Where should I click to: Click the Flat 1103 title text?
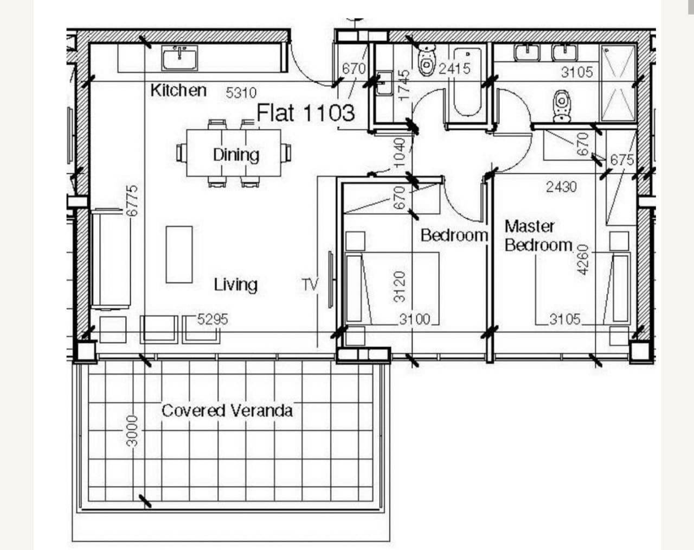(x=306, y=113)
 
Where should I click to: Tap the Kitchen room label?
(x=178, y=90)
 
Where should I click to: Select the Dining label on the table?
(x=236, y=155)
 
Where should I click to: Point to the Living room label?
(x=236, y=285)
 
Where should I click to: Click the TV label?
(x=310, y=285)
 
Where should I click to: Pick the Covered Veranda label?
(x=227, y=410)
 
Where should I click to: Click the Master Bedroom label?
(x=538, y=236)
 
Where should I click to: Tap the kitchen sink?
(x=179, y=58)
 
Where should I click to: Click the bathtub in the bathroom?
(x=467, y=82)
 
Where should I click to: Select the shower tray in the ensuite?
(x=617, y=83)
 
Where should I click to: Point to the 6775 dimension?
(x=132, y=201)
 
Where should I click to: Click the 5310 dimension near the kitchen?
(x=241, y=93)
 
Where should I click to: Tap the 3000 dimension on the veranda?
(x=132, y=431)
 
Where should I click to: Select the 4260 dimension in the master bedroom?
(x=583, y=260)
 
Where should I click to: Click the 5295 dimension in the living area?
(x=213, y=319)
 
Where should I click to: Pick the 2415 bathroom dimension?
(x=455, y=69)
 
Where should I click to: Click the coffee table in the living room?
(x=179, y=255)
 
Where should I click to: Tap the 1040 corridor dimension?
(x=400, y=153)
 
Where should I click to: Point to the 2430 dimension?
(x=562, y=187)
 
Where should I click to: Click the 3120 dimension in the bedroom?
(x=400, y=287)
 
